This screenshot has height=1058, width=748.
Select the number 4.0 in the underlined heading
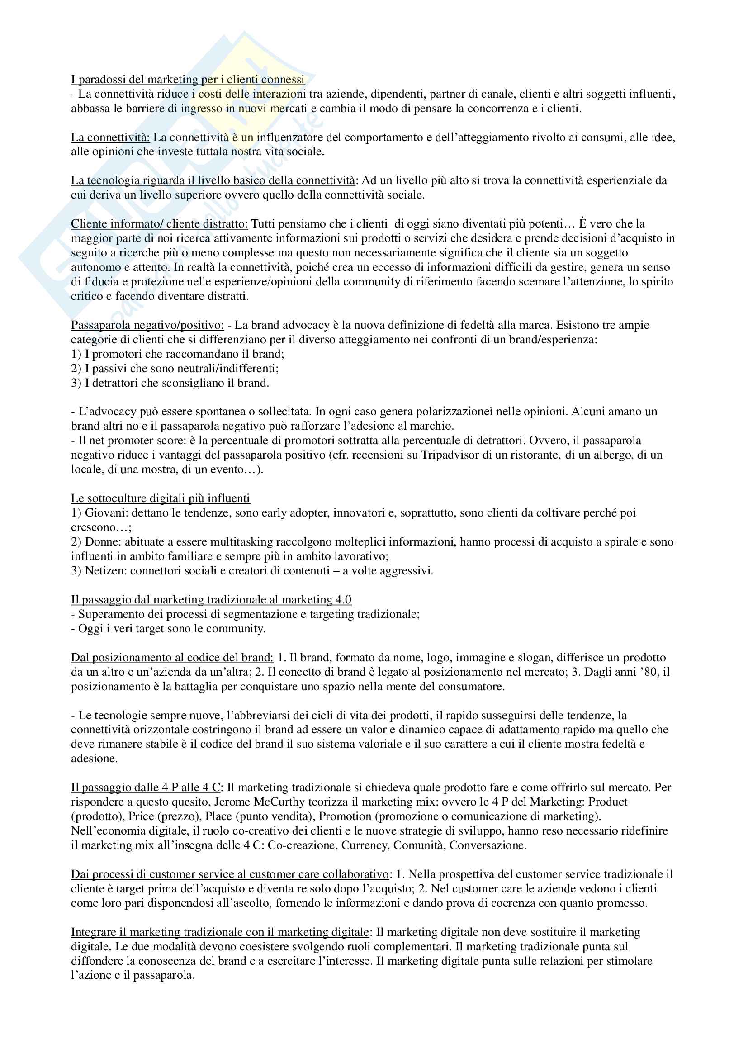click(343, 600)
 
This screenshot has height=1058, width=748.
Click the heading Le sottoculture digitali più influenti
click(160, 498)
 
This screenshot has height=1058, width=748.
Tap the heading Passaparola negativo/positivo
click(147, 325)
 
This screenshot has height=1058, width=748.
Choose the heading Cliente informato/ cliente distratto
click(159, 224)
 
